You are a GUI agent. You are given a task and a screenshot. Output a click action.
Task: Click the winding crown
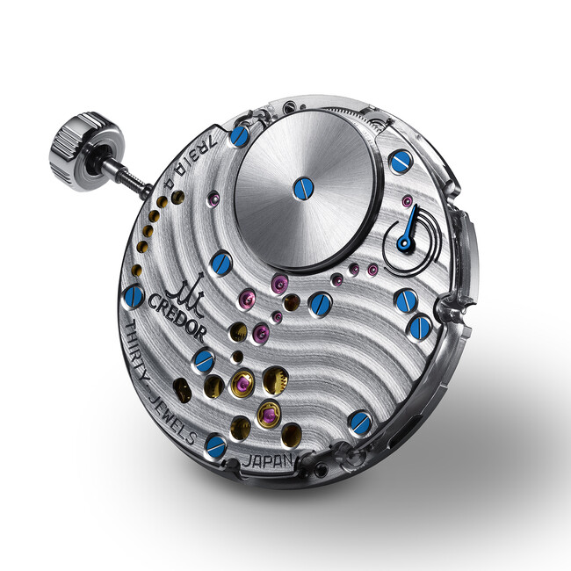[86, 151]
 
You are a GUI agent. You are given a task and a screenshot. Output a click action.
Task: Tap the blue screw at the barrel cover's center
[303, 188]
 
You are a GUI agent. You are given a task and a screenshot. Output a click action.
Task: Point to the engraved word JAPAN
[269, 460]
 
